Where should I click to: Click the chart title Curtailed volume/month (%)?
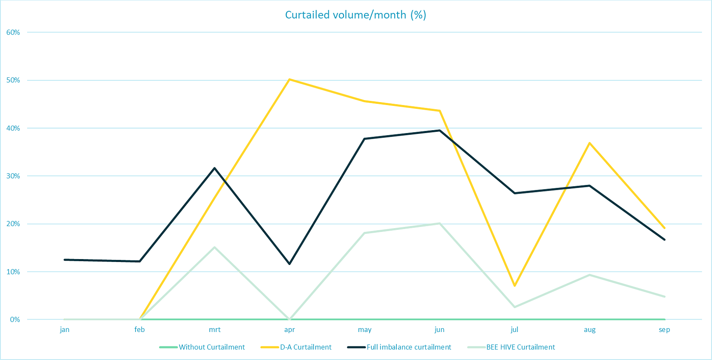[356, 15]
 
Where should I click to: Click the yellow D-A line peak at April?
[290, 79]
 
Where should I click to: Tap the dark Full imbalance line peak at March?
[215, 168]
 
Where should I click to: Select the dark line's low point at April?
[290, 264]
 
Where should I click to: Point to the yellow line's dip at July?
[515, 285]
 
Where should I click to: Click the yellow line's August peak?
[590, 143]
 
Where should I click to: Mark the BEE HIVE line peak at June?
[440, 223]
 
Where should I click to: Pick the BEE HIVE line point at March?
[215, 247]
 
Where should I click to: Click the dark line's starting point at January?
[65, 259]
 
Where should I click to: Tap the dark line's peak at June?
[440, 131]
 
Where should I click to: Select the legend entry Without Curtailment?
[211, 347]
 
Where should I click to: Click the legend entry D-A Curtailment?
[305, 347]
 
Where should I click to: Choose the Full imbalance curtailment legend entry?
[409, 347]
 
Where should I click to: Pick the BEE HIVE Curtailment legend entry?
[520, 347]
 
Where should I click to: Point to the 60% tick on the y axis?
[13, 33]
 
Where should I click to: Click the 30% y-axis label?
[13, 176]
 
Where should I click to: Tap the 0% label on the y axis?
[15, 320]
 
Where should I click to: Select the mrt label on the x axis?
[215, 330]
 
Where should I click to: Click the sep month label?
[664, 330]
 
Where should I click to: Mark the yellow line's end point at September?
[664, 228]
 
